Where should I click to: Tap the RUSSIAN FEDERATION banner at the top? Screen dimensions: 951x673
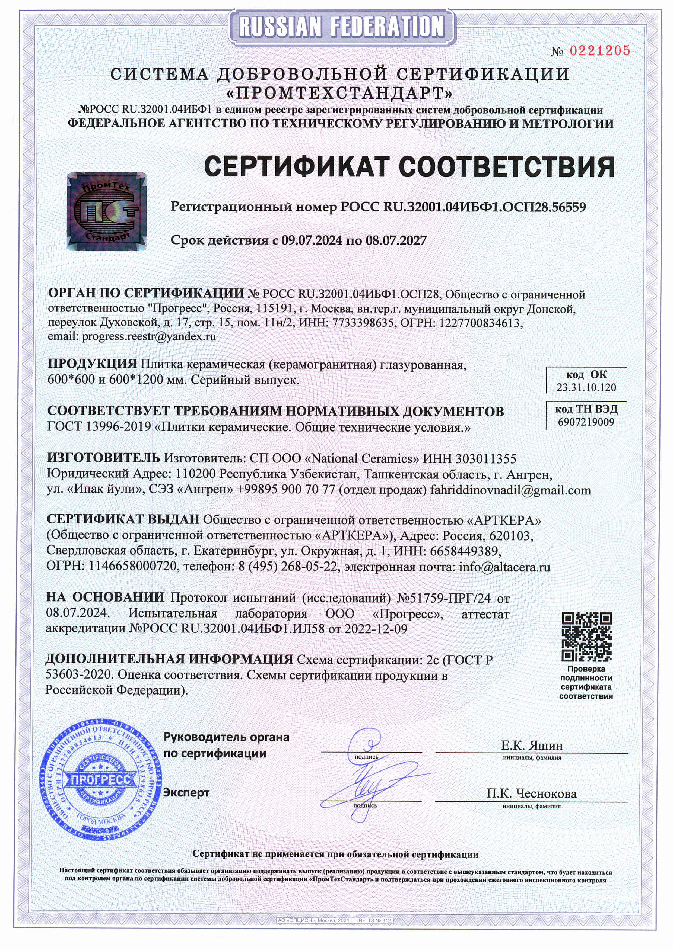click(342, 27)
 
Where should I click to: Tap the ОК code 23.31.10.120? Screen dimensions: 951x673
click(586, 387)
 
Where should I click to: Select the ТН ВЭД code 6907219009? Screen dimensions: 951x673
click(586, 422)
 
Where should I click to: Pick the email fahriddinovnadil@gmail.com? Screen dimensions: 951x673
click(510, 490)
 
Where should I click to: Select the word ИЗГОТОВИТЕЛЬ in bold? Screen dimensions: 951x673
click(103, 458)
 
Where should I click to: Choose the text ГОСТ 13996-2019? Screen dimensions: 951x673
click(99, 427)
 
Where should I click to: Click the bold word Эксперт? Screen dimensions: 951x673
click(186, 793)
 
